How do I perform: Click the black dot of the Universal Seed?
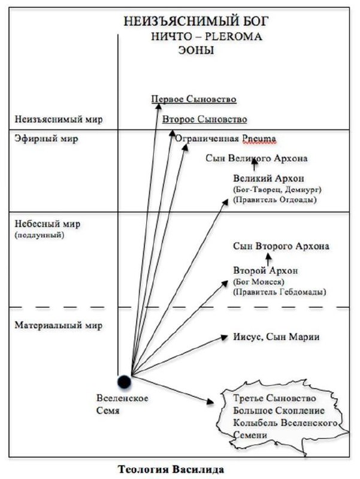[125, 382]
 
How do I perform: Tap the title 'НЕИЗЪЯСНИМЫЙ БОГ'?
[196, 22]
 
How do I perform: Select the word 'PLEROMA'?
[233, 37]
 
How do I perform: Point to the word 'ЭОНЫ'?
[196, 50]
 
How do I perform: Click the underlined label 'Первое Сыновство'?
[193, 99]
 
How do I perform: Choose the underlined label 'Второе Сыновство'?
[204, 119]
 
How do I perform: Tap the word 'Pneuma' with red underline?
[259, 139]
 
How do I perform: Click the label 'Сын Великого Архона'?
[256, 158]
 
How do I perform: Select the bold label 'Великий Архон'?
[268, 178]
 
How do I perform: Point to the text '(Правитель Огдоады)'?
[275, 200]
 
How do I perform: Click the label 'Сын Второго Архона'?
[281, 246]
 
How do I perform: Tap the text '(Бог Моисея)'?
[259, 281]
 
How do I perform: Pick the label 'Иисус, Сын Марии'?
[276, 336]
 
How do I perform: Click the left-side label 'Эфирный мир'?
[47, 138]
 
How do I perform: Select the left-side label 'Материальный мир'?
[58, 325]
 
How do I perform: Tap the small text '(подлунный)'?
[40, 235]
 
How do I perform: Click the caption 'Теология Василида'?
[171, 469]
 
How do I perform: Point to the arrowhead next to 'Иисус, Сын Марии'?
[225, 337]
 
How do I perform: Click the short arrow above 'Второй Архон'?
[268, 260]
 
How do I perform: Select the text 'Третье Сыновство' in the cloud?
[274, 398]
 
